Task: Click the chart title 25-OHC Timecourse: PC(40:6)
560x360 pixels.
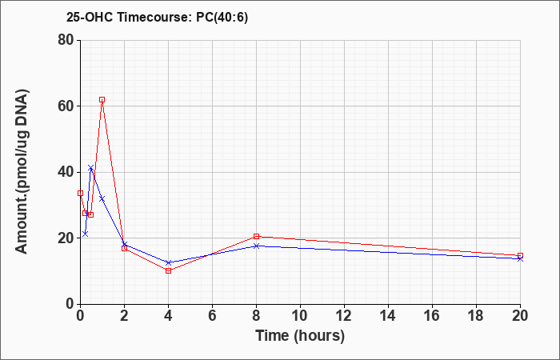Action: (x=157, y=17)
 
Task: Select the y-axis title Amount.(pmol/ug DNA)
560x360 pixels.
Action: (x=22, y=172)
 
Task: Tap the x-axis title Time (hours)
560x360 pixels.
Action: (x=300, y=336)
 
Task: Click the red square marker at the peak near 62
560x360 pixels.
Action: (x=102, y=100)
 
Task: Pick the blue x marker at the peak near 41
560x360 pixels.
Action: (x=90, y=167)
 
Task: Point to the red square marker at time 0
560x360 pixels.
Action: (x=80, y=194)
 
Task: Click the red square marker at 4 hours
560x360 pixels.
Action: (x=169, y=270)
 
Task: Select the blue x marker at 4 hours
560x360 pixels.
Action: (x=169, y=262)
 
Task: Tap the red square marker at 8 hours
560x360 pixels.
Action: (x=257, y=237)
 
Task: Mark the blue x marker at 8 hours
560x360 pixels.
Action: (x=257, y=246)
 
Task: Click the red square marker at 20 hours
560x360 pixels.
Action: (x=520, y=256)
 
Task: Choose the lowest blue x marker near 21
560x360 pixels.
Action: (x=85, y=234)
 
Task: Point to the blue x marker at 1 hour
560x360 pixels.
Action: (x=102, y=198)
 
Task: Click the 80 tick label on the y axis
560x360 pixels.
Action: (x=66, y=40)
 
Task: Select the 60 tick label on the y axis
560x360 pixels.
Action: (x=66, y=106)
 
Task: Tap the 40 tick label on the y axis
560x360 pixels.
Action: (x=66, y=172)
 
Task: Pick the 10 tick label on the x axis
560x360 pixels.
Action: (x=300, y=316)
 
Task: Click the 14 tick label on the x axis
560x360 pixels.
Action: (x=388, y=316)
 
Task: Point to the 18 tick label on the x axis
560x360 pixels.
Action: (x=477, y=316)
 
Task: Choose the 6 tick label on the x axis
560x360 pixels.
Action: (x=213, y=316)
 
